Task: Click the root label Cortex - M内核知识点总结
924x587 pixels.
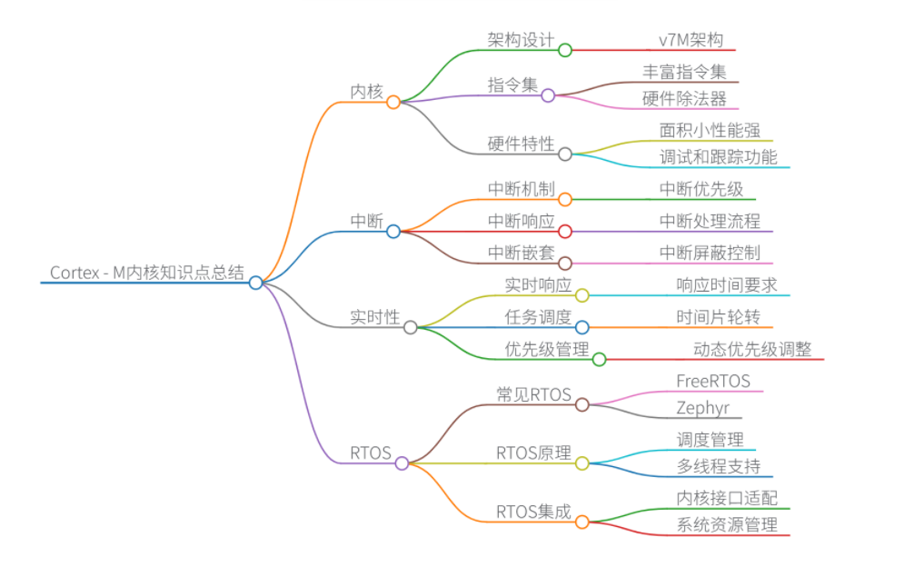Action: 147,273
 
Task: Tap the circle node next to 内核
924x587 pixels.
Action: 393,102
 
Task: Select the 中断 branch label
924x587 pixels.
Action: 367,221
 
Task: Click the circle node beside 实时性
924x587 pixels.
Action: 411,327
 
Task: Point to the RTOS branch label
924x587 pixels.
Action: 371,453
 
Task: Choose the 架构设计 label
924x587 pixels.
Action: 521,40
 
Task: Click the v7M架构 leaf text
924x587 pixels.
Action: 691,40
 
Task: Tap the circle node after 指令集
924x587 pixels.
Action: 548,95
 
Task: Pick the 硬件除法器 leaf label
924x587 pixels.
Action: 684,98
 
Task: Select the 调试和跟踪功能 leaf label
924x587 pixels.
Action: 718,157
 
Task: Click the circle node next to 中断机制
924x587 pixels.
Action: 565,199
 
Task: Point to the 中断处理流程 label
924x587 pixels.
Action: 710,221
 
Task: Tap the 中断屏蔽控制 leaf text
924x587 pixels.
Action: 710,253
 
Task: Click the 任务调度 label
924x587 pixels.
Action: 538,317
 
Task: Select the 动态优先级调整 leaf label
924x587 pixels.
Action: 752,349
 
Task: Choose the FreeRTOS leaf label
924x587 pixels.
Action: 713,381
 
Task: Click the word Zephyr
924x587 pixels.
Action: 702,407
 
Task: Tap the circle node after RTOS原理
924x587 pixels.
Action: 582,463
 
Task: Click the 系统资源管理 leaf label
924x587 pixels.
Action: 727,524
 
